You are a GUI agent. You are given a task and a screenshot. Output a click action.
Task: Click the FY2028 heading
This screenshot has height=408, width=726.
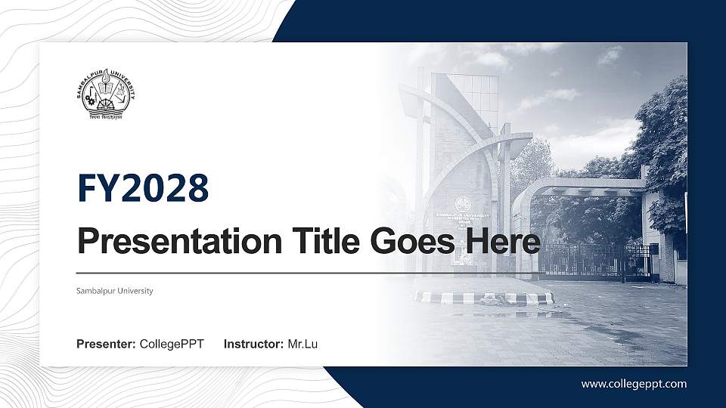click(x=143, y=188)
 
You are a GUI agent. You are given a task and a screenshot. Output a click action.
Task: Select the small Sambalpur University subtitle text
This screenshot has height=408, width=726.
click(x=115, y=291)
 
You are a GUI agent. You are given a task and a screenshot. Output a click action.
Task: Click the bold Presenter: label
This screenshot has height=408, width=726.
click(x=106, y=345)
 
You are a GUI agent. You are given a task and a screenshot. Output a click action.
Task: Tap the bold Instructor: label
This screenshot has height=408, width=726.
click(x=254, y=345)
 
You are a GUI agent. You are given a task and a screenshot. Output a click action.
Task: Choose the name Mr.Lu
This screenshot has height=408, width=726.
click(x=302, y=345)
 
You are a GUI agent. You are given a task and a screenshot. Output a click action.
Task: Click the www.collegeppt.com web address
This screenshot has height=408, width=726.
click(x=634, y=384)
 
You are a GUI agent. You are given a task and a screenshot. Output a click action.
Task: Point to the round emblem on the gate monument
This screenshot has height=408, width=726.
click(x=462, y=204)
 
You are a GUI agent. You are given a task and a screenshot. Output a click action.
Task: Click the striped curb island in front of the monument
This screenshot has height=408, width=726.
click(x=484, y=298)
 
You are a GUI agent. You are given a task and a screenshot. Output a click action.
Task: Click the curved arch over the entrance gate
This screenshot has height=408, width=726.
click(x=575, y=185)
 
